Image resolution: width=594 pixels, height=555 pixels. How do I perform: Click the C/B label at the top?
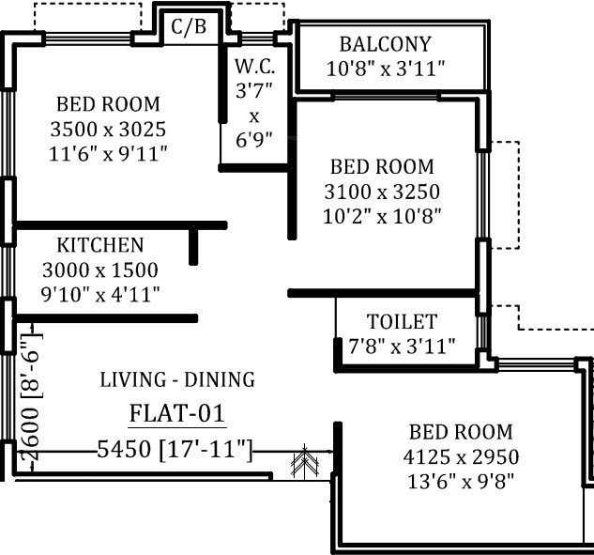tap(189, 27)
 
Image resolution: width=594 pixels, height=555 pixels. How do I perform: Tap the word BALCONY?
tap(386, 44)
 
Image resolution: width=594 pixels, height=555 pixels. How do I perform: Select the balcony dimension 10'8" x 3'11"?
tap(386, 69)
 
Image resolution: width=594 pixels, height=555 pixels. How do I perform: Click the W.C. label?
tap(254, 67)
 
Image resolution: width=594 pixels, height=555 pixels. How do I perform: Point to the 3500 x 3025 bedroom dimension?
tap(108, 130)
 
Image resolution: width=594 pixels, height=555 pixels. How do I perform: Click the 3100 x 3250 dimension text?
tap(382, 192)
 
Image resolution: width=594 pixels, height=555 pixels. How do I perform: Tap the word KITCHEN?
tap(100, 245)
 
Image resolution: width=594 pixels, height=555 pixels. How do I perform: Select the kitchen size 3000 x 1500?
tap(100, 270)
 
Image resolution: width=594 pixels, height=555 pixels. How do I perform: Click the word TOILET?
tap(402, 321)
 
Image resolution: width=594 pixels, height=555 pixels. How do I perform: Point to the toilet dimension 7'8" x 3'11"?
tap(402, 347)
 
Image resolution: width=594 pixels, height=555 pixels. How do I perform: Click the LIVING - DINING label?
tap(177, 379)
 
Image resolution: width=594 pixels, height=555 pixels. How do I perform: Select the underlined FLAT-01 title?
tap(177, 414)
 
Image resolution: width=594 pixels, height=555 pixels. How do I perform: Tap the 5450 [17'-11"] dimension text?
tap(175, 450)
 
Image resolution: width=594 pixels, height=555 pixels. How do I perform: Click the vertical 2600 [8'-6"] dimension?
tap(31, 397)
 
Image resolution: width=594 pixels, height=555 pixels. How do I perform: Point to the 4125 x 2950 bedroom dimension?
tap(461, 456)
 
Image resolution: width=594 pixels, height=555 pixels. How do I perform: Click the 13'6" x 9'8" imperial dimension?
tap(461, 482)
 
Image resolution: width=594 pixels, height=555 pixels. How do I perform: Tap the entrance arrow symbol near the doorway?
tap(305, 460)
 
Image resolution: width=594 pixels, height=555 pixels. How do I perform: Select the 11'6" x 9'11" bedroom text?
tap(108, 154)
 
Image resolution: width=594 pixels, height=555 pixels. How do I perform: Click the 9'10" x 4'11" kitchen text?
tap(100, 295)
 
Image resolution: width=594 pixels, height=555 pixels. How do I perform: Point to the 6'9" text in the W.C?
tap(254, 140)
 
